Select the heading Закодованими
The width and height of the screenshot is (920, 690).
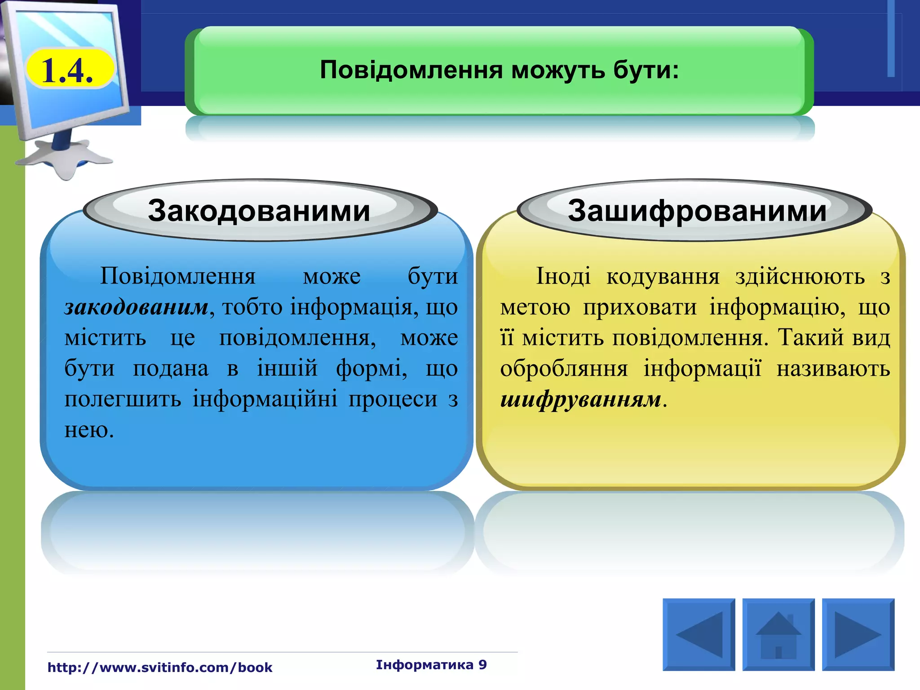click(259, 211)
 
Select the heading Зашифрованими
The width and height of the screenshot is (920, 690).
click(697, 211)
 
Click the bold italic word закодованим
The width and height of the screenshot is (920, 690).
click(137, 307)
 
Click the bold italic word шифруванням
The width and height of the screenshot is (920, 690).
click(581, 399)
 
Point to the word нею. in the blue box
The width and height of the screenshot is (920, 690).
click(89, 430)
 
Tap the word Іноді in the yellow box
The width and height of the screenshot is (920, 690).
click(563, 276)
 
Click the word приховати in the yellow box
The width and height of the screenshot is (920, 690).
click(640, 307)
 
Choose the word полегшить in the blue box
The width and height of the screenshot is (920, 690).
click(123, 399)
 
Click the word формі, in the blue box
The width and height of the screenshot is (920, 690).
click(372, 368)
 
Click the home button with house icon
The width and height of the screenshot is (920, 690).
click(778, 634)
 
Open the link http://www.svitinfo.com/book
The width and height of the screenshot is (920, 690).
click(160, 668)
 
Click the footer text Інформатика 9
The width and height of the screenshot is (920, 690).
click(431, 665)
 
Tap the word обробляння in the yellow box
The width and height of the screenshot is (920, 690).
click(564, 368)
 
